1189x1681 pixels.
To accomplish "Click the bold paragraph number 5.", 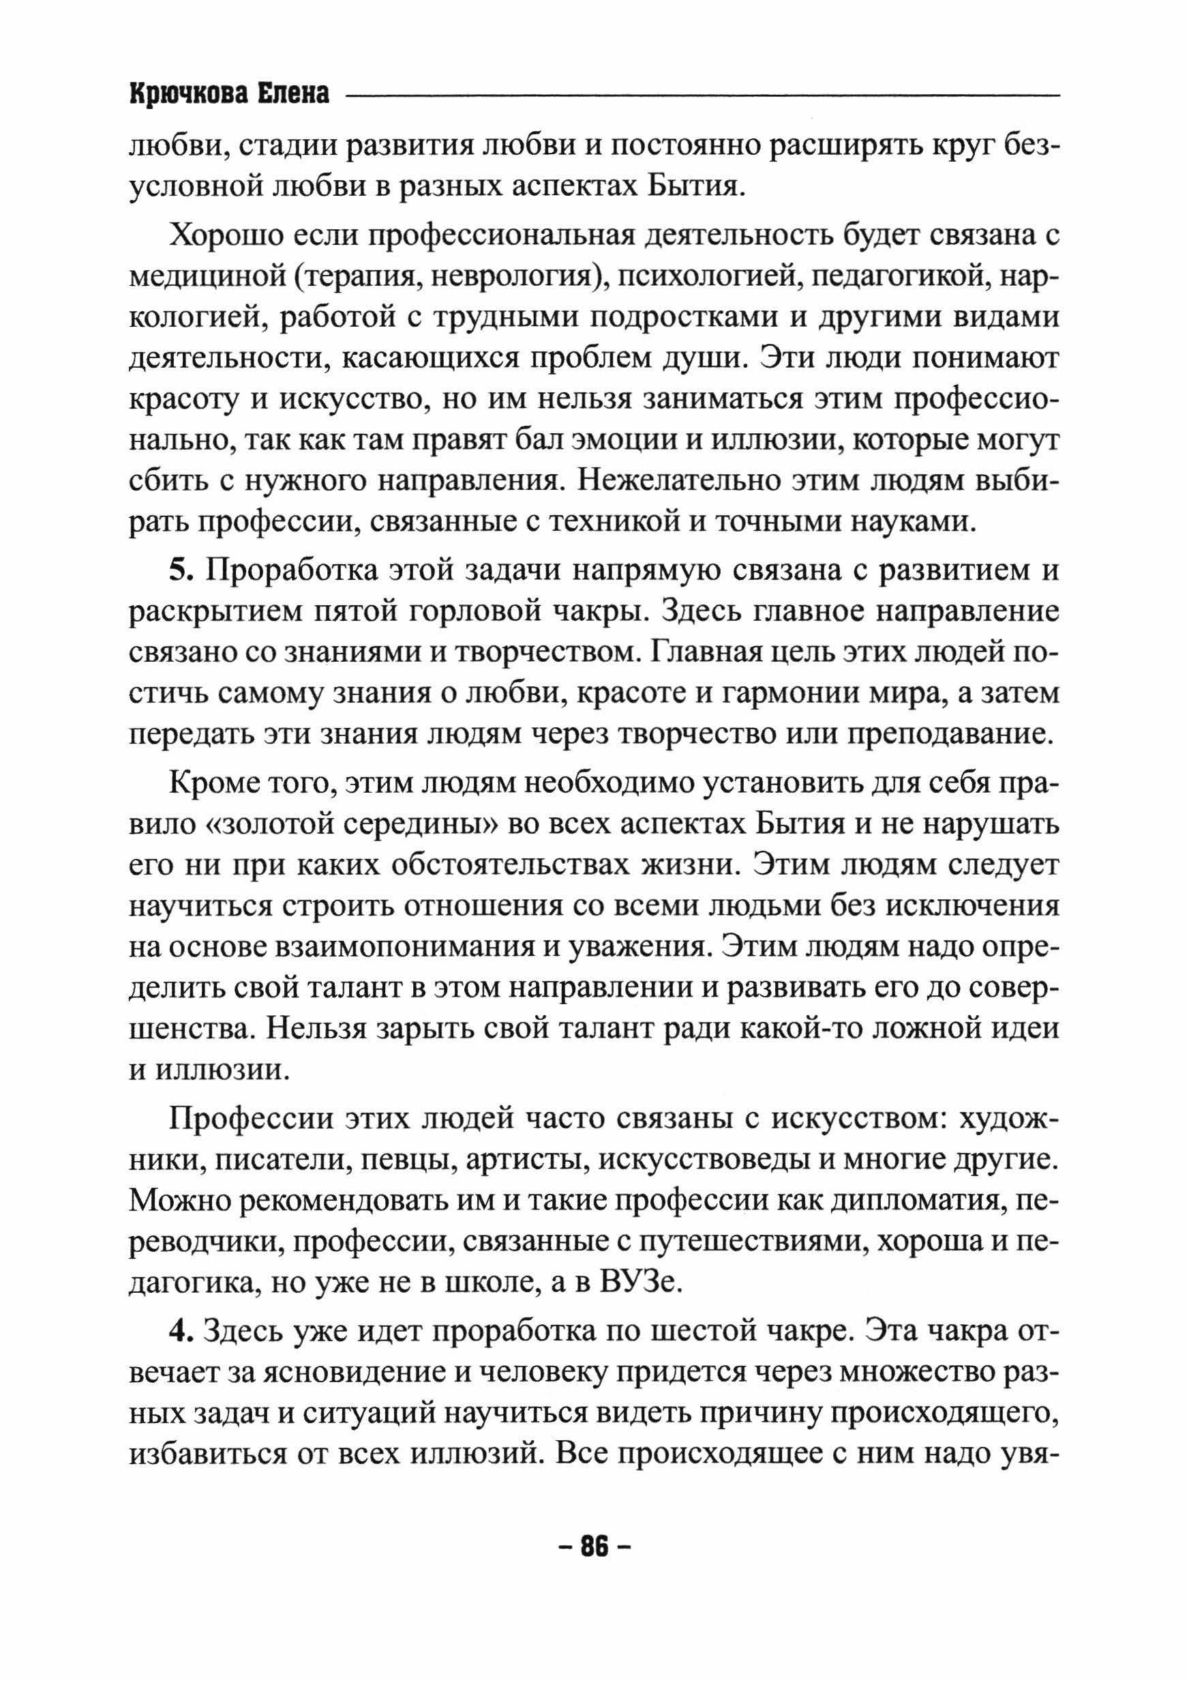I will pyautogui.click(x=180, y=570).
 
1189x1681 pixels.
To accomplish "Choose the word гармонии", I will pyautogui.click(x=783, y=694).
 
